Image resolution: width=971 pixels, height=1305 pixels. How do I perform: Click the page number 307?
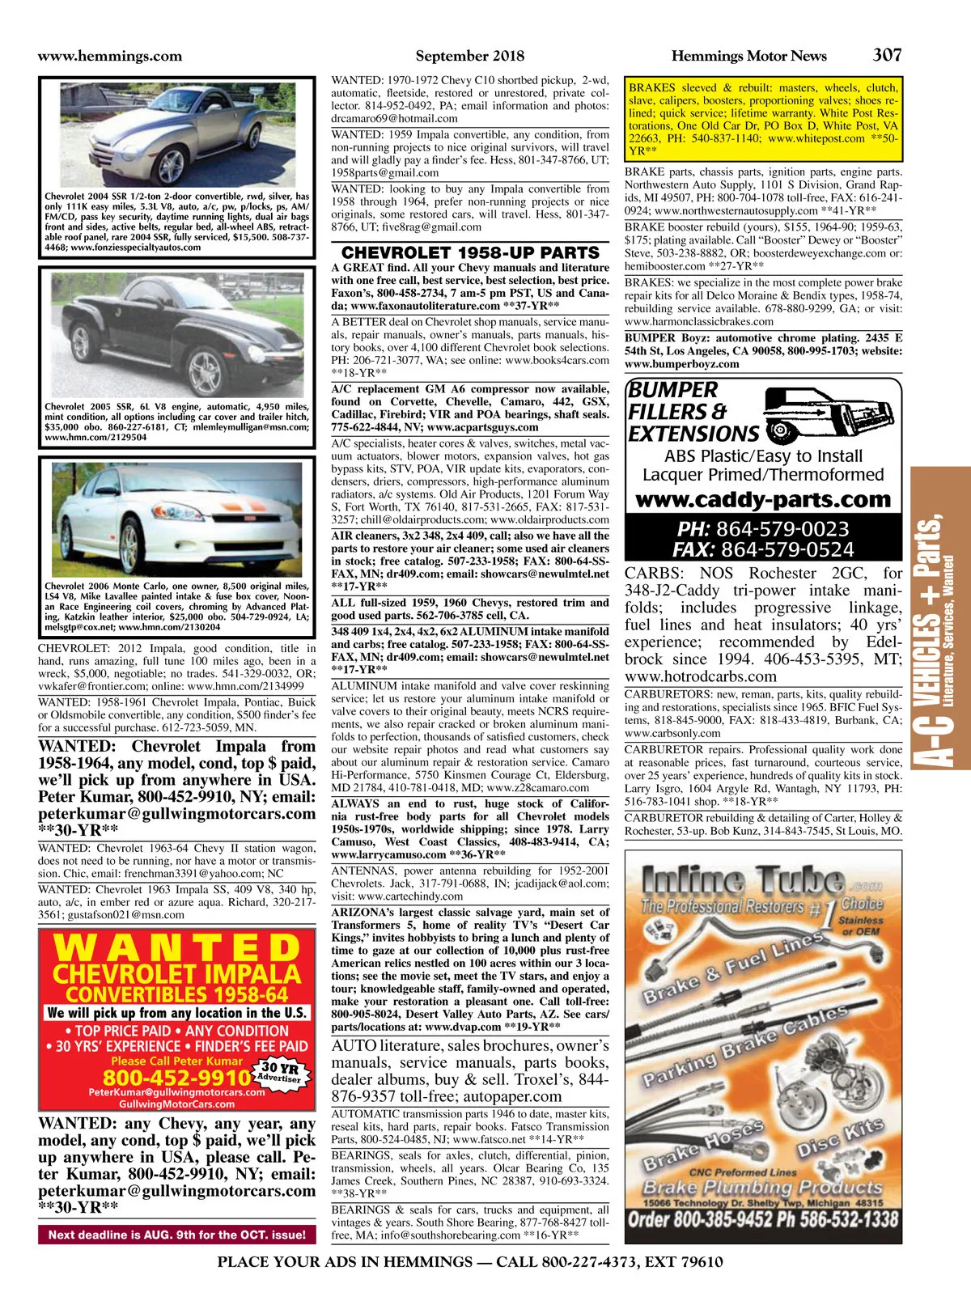coord(887,55)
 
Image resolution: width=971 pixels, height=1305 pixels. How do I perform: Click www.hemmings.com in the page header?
coord(110,56)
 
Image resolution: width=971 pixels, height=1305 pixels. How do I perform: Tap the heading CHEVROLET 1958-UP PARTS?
coord(470,252)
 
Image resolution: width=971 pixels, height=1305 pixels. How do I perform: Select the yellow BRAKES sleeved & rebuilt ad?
coord(763,119)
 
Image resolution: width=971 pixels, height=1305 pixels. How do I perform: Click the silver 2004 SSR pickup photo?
coord(177,134)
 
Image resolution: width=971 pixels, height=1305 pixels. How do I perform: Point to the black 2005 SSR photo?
coord(177,335)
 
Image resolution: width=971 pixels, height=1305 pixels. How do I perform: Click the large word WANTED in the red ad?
coord(177,948)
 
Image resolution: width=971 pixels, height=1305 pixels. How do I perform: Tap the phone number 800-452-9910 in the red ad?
coord(176,1078)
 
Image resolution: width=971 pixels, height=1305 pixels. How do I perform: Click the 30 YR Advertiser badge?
coord(279,1072)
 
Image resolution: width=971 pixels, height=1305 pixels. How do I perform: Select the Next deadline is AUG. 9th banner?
coord(176,1235)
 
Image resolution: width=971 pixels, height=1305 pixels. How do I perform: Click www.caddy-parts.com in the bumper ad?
coord(763,499)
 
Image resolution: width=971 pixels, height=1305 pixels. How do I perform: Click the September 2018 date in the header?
coord(469,56)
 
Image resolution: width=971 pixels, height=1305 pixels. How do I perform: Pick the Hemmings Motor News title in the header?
coord(748,56)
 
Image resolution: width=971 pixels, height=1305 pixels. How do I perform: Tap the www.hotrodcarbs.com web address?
coord(700,676)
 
